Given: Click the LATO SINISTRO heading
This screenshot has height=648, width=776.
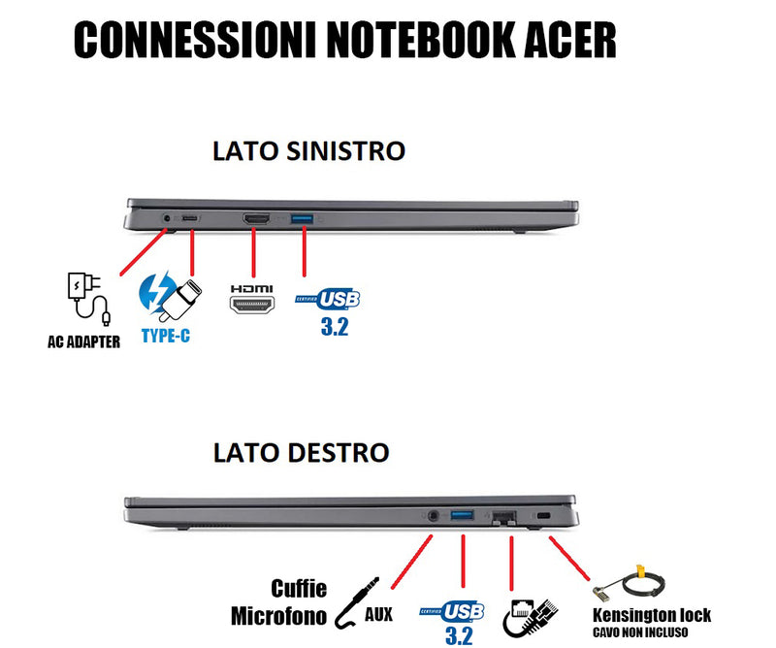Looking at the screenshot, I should coord(308,151).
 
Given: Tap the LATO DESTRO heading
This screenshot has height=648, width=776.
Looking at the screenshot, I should coord(301,452).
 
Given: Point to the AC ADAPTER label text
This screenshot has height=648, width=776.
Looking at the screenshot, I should coord(83,341).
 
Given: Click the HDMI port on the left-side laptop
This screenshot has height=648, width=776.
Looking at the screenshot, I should coord(256,220).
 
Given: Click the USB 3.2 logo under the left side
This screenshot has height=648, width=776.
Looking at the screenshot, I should coord(333,308).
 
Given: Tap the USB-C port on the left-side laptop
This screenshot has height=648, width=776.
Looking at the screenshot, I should coord(190,220).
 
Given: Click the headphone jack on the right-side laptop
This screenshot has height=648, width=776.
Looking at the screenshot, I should coord(432,516).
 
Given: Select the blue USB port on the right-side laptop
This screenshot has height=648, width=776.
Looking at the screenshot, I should coord(463,515).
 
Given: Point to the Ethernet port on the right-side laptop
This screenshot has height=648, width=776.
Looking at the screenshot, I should coord(504,516).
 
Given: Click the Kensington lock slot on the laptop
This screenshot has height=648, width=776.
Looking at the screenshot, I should coord(542,515).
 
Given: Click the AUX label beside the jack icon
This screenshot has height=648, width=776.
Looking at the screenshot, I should coord(379,614).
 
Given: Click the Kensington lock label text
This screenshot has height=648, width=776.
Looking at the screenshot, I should coord(652,615).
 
